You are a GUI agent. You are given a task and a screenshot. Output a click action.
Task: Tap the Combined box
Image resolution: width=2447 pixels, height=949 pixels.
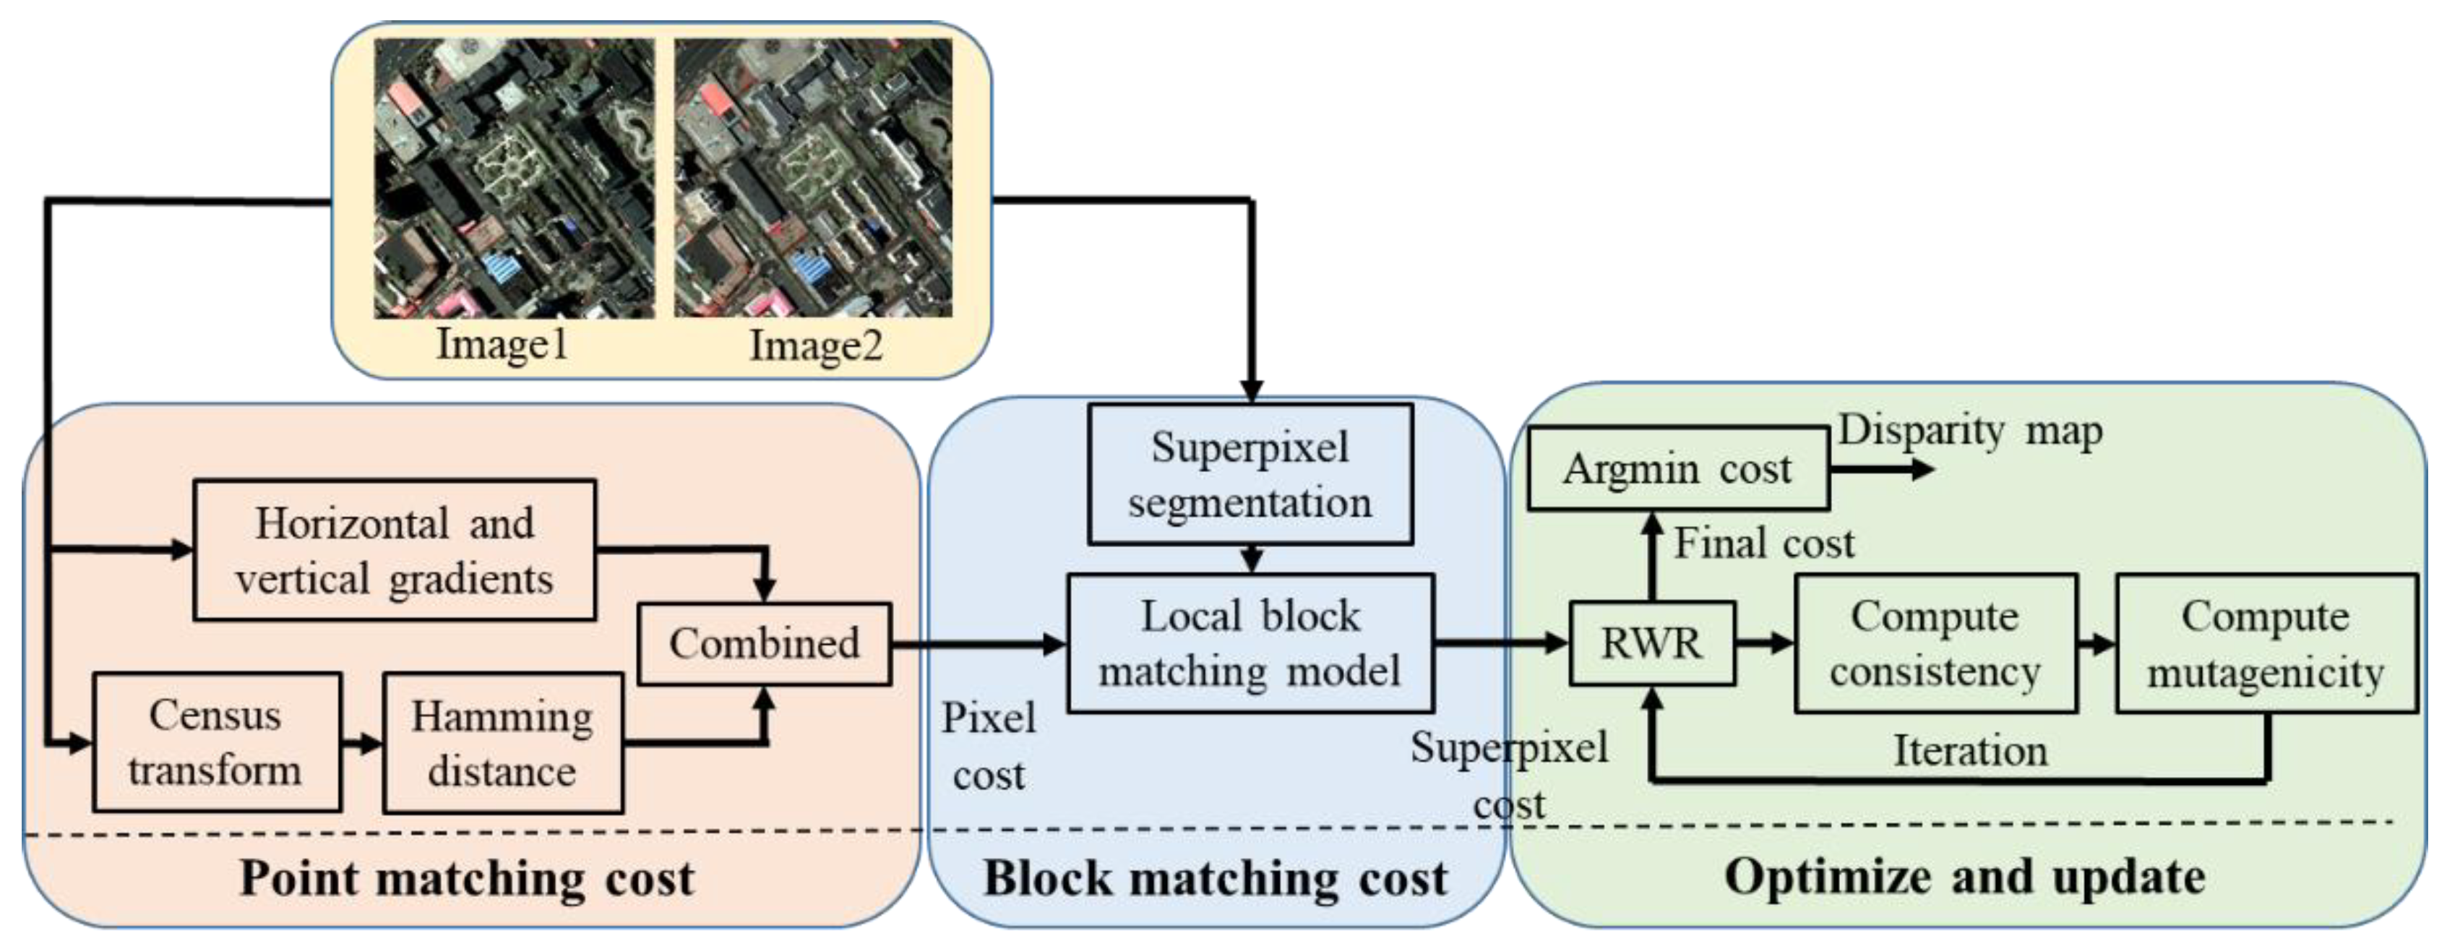click(764, 644)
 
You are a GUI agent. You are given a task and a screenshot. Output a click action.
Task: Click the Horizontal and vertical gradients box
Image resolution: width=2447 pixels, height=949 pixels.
click(394, 550)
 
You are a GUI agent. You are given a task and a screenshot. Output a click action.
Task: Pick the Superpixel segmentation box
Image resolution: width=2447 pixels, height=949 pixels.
click(1250, 474)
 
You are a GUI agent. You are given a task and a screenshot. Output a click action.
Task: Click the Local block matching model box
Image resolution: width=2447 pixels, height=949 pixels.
click(1250, 643)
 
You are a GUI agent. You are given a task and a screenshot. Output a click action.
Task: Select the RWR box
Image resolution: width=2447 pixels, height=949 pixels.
click(1651, 643)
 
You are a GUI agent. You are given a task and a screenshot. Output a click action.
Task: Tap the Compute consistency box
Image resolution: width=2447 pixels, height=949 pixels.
click(1935, 643)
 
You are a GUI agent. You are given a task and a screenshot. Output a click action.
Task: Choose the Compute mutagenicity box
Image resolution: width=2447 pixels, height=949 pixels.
click(2266, 643)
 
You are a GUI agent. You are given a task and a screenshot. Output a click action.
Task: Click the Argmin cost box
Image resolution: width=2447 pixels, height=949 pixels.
click(1677, 468)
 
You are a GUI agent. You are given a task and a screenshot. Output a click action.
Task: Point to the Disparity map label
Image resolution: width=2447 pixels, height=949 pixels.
click(1970, 430)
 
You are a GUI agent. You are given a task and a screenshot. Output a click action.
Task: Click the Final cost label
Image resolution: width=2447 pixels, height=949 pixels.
click(1763, 544)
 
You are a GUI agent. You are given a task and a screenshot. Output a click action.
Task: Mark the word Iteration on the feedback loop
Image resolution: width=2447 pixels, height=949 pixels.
click(1970, 750)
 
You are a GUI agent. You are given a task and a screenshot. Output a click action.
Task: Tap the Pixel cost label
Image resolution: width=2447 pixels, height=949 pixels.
click(988, 747)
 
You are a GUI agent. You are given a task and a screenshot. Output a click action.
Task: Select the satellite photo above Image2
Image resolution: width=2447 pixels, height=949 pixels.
click(813, 178)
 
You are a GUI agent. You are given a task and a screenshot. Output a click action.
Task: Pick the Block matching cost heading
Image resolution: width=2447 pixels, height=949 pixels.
click(1215, 877)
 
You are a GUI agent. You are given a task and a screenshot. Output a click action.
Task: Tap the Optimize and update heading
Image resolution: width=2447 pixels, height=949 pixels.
click(1964, 876)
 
